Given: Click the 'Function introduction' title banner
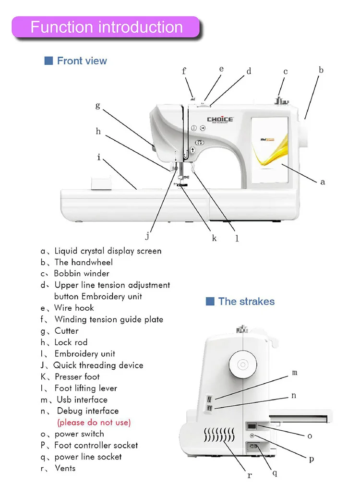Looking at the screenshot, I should (x=106, y=27).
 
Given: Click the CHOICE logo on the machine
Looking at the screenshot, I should (x=220, y=120).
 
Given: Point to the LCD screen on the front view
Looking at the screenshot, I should (x=269, y=151).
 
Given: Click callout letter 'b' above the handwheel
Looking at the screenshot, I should (x=321, y=70).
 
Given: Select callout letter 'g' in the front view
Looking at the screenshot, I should (x=98, y=105).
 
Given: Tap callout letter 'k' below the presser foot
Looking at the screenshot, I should (x=214, y=238).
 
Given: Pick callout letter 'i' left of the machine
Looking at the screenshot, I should (x=99, y=158).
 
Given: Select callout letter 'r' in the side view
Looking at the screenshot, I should (x=249, y=475).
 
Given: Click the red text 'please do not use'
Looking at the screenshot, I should (x=94, y=423).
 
